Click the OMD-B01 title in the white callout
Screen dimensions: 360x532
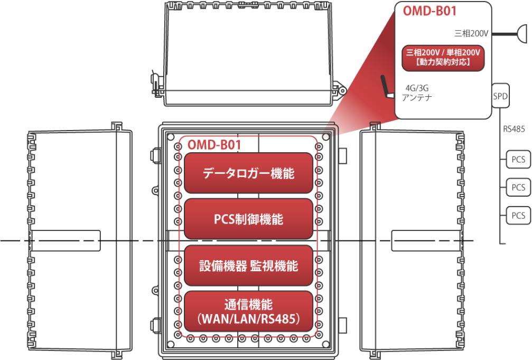[430, 11]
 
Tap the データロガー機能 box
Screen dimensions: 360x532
[248, 173]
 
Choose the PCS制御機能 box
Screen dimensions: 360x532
[248, 219]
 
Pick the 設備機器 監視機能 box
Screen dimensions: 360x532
[248, 266]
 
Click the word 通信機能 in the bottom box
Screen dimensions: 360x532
[248, 304]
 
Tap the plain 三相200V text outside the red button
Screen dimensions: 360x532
[471, 33]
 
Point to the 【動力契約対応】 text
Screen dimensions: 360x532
[443, 62]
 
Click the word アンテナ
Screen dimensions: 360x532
[417, 98]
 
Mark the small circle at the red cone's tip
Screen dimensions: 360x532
[326, 137]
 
